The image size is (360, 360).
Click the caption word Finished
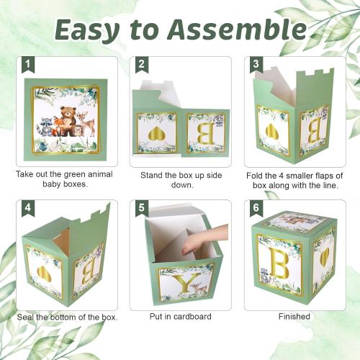pos(294,316)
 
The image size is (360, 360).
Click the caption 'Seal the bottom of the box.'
pos(68,317)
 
